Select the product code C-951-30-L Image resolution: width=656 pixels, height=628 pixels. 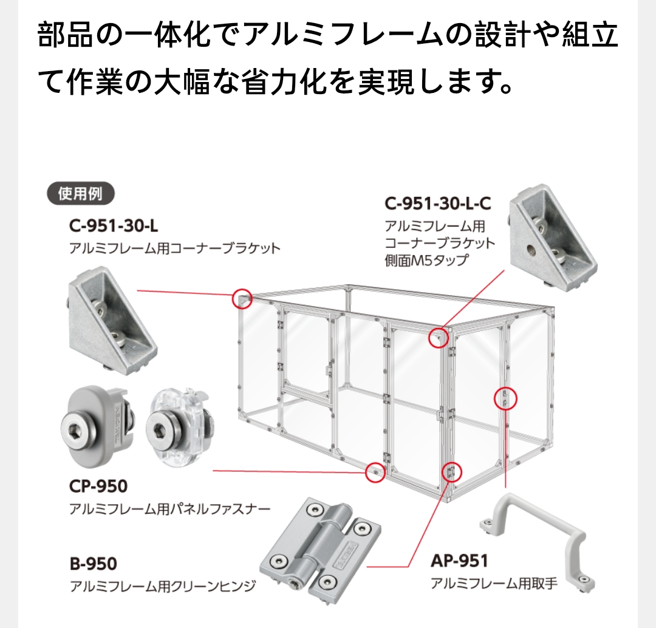pos(114,226)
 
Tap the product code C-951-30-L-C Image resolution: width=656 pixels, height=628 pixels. pos(437,203)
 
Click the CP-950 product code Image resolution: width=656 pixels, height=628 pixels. pos(98,486)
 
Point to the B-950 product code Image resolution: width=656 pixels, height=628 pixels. pos(93,564)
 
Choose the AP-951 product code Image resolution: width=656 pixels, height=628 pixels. pos(459,561)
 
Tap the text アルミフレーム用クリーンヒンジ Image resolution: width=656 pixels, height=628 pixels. pos(163,587)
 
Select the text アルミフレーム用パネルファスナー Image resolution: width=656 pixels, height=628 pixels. pos(170,509)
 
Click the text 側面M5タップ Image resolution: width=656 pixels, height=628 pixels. pos(427,261)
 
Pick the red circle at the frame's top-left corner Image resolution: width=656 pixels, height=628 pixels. pos(242,299)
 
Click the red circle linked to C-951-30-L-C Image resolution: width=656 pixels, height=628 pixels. pos(438,337)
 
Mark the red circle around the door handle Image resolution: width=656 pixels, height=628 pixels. pos(506,398)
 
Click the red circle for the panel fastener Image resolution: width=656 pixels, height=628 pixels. pos(375,472)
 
